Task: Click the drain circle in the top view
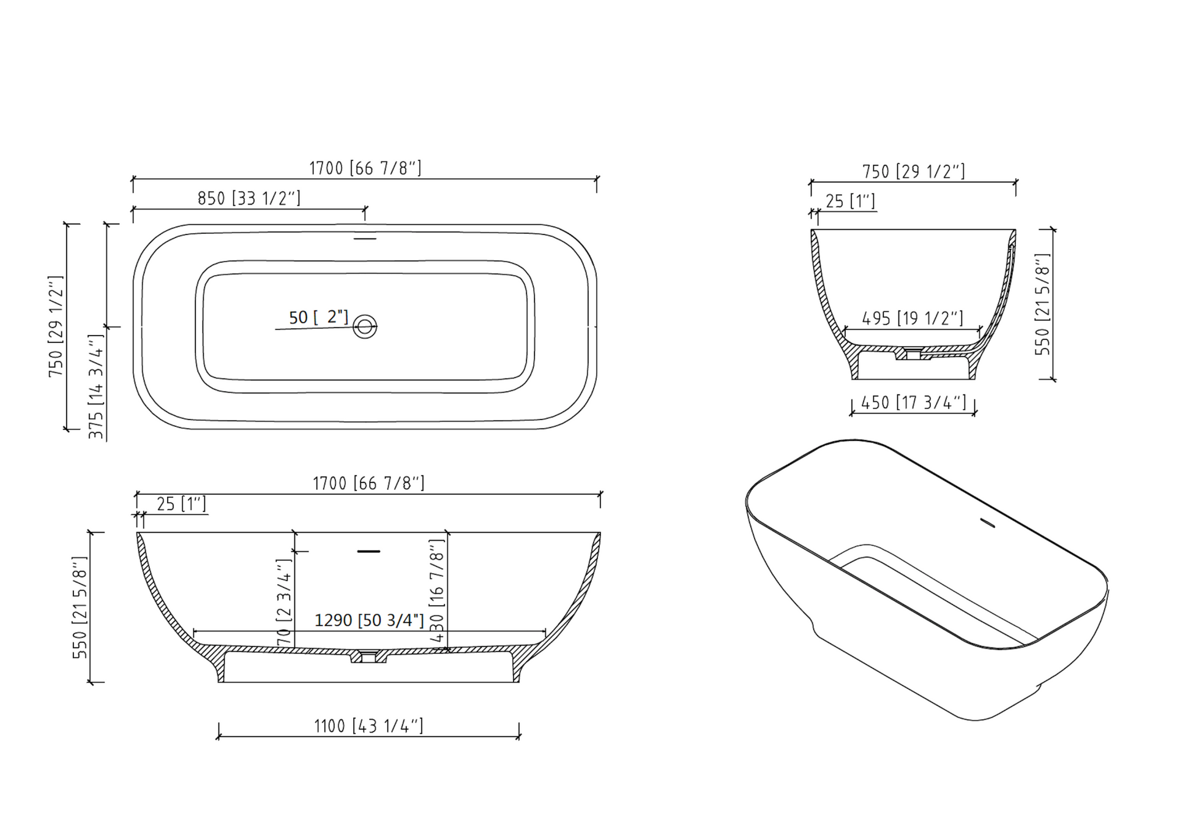365,326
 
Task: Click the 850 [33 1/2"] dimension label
248,198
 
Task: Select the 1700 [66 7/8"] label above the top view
365,168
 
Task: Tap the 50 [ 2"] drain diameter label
318,317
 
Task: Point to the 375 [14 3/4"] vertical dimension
96,386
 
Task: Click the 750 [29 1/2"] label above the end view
913,171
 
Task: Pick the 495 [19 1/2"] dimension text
912,318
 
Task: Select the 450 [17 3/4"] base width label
913,402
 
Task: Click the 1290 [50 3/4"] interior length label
368,620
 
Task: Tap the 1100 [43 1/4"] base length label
368,726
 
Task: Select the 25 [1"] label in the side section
181,504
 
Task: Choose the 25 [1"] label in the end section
850,201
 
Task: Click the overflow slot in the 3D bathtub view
987,523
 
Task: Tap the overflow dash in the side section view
368,552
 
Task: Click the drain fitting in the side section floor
368,657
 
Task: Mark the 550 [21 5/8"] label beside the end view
1042,304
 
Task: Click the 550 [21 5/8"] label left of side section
80,608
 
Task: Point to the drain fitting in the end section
913,354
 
